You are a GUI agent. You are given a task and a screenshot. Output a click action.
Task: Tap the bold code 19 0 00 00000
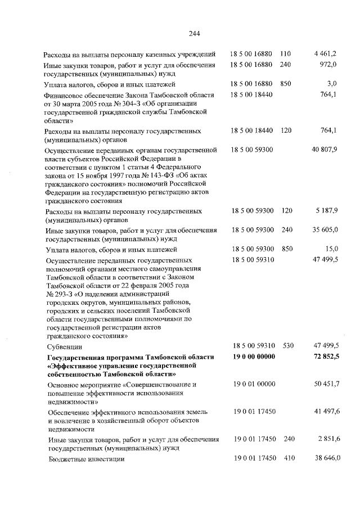[254, 358]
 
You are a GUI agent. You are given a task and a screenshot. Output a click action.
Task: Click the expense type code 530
[289, 346]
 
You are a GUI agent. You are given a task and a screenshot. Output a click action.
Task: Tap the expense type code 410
[289, 459]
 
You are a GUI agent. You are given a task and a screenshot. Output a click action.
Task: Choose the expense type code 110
[286, 54]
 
